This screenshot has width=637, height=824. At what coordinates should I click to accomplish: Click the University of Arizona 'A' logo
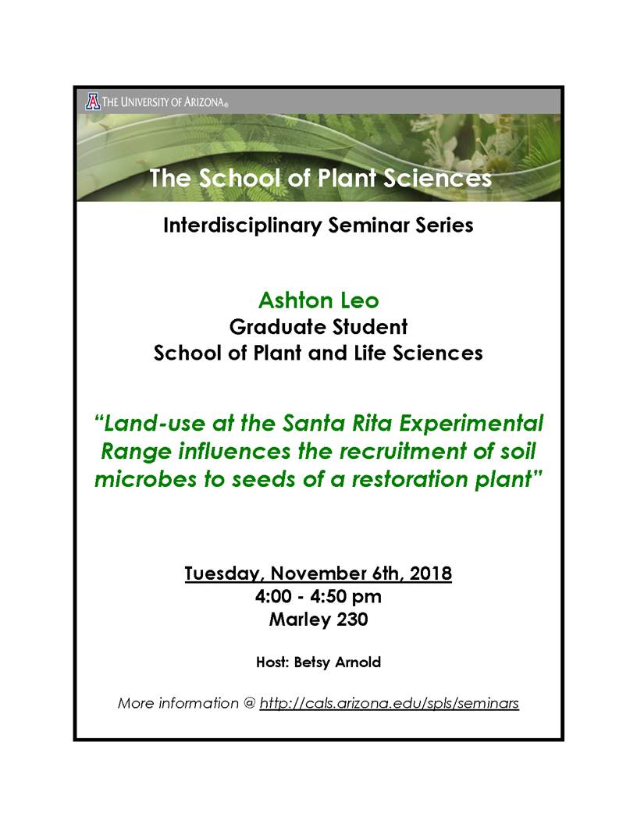(92, 101)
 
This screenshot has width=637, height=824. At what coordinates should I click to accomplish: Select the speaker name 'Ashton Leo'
(318, 300)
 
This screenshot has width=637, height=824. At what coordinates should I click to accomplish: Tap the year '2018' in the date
(430, 573)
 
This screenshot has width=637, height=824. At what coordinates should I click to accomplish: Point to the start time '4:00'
(273, 596)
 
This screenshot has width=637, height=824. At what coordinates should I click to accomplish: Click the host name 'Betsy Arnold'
(337, 662)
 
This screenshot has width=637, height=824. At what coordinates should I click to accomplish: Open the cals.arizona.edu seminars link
(389, 703)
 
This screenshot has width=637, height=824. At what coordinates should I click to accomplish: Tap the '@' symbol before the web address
(248, 703)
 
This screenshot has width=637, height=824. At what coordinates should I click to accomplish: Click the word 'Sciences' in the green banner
(437, 178)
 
